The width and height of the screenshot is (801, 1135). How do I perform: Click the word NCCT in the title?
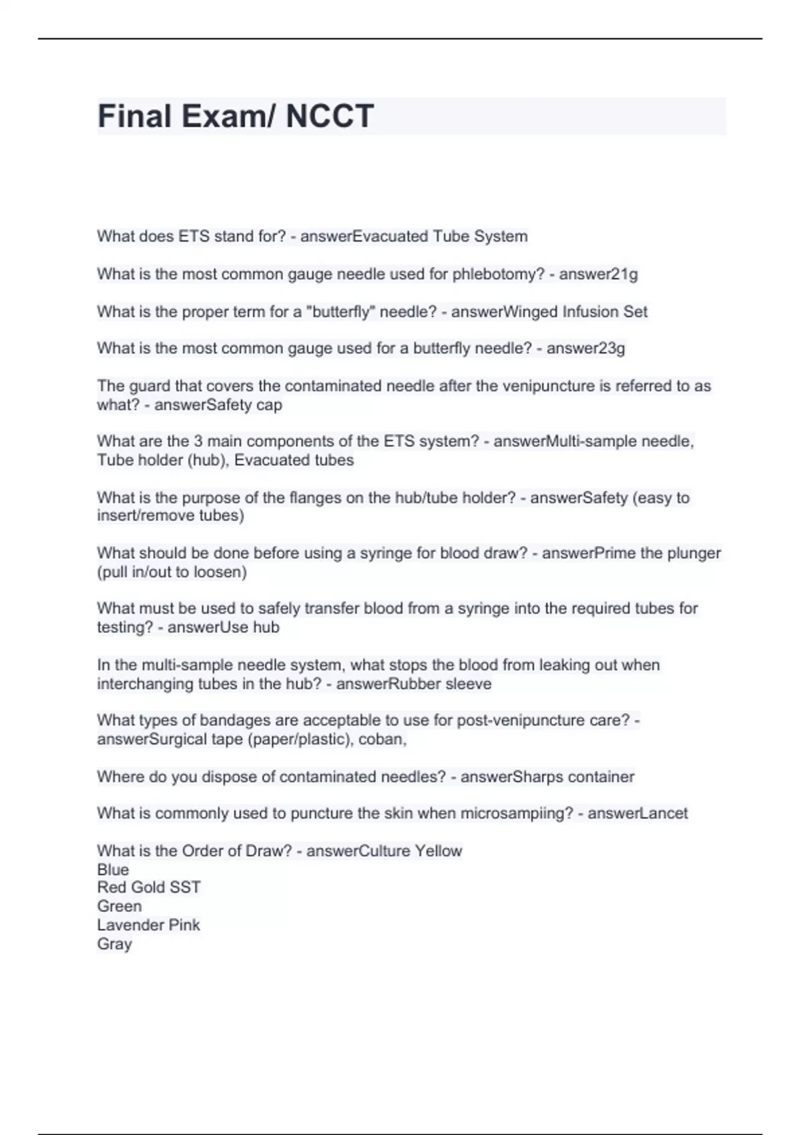(329, 116)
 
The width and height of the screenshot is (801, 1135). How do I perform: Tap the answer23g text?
(585, 349)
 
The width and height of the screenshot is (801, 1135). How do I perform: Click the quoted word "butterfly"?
(338, 312)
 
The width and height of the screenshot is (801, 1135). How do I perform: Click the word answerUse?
(198, 627)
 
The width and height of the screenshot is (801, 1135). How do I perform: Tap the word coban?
(382, 739)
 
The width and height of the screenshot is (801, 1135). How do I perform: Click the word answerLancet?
(637, 813)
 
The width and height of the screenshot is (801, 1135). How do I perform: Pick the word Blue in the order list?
(113, 869)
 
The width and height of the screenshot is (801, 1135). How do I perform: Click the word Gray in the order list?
(114, 944)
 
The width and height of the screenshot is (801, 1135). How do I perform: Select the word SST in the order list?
(186, 887)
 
